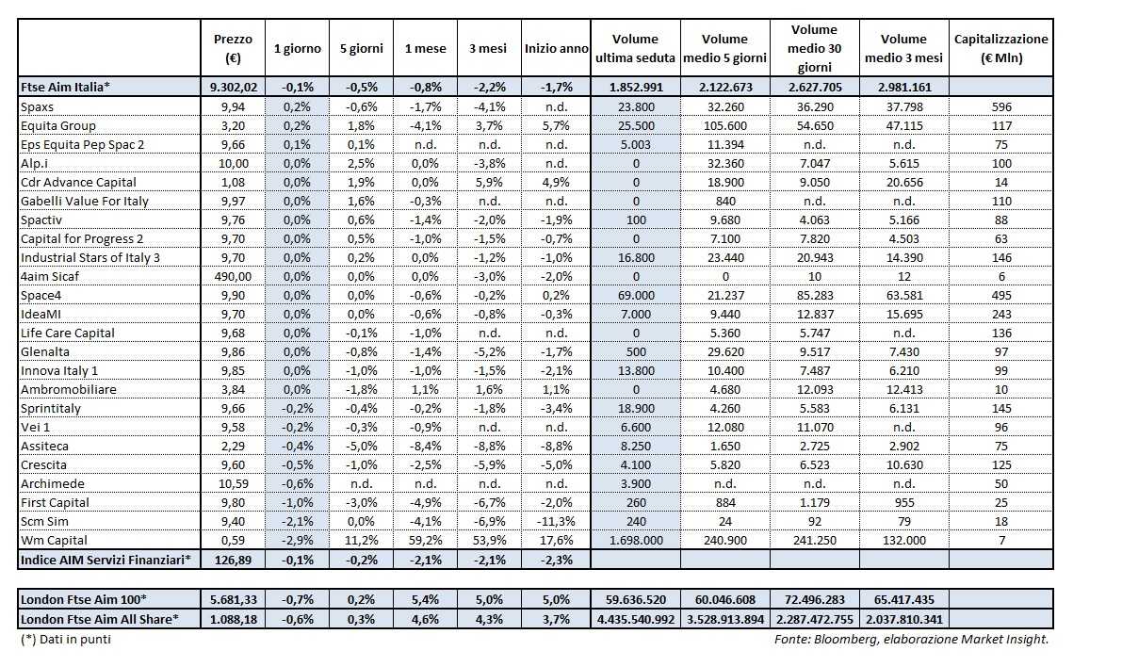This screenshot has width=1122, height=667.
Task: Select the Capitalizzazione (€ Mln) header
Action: (1000, 48)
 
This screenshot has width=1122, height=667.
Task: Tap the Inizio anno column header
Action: (556, 48)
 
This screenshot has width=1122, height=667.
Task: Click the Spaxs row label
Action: (38, 106)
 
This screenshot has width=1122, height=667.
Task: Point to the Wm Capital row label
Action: (54, 540)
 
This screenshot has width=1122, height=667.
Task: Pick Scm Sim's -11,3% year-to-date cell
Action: (556, 521)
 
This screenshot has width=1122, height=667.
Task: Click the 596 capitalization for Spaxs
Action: (1000, 106)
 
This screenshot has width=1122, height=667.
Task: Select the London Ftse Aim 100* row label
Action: (84, 599)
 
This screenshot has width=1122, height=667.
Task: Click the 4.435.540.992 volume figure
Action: (635, 619)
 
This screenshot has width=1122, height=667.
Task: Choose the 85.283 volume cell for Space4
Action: (815, 295)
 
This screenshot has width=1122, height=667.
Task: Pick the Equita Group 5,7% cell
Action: (556, 125)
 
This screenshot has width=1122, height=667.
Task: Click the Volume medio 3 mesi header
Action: (903, 48)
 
